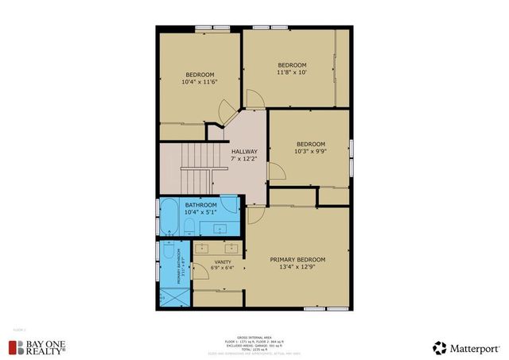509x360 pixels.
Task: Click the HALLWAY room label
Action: point(244,151)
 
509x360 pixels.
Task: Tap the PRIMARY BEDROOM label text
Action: point(297,260)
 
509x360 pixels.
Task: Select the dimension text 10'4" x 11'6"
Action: point(200,81)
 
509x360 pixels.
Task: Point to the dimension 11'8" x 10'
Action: point(292,72)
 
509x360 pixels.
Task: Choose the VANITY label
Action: point(223,261)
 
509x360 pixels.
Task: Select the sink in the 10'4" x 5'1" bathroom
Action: point(228,205)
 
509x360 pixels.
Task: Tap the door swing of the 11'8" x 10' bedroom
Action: point(255,99)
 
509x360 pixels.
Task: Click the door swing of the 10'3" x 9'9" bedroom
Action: point(276,170)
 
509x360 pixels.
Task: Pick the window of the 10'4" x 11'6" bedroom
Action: point(212,29)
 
